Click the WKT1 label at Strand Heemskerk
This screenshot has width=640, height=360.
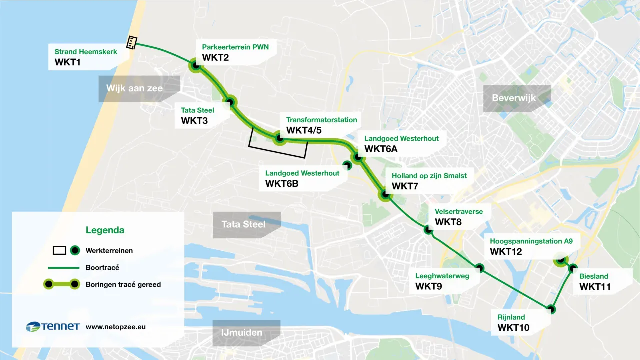(x=68, y=63)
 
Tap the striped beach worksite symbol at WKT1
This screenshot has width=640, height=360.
(x=132, y=43)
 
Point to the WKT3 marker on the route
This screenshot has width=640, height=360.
(x=230, y=103)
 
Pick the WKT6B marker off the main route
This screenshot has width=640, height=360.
(x=346, y=164)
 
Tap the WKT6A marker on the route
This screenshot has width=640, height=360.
(x=358, y=157)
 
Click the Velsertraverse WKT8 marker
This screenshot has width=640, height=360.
(x=428, y=230)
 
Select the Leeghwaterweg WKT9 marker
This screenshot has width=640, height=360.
(x=480, y=268)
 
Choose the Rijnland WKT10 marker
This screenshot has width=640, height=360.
(x=551, y=309)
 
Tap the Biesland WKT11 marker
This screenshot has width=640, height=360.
(x=573, y=268)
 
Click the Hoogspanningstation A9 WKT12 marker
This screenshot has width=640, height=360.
(x=561, y=260)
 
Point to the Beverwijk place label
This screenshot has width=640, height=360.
(x=513, y=98)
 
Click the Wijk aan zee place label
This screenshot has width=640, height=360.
(x=135, y=88)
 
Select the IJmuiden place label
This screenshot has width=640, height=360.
(x=242, y=333)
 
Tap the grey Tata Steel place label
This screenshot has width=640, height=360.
(x=243, y=224)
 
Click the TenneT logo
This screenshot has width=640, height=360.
(x=53, y=327)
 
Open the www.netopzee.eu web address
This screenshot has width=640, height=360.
(x=116, y=327)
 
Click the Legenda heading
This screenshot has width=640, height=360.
(x=105, y=230)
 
